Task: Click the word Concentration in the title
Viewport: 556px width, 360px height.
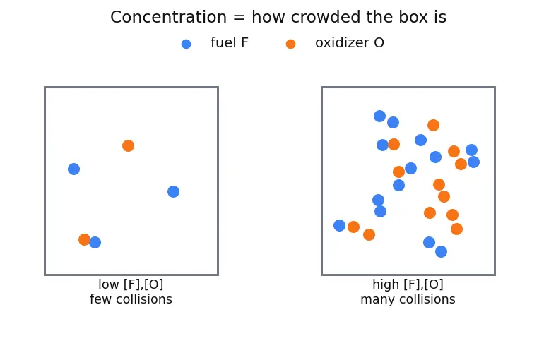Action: click(x=168, y=17)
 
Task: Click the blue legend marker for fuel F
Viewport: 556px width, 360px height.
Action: click(x=187, y=44)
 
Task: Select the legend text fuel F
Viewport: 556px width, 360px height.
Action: click(x=230, y=42)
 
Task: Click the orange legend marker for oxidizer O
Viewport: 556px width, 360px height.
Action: click(x=291, y=44)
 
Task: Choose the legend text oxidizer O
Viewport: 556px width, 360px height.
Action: click(x=350, y=42)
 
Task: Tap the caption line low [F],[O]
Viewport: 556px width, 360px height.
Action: click(x=131, y=284)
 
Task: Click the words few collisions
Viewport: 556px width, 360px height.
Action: click(x=131, y=299)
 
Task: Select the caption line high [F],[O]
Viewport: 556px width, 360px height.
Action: click(x=408, y=284)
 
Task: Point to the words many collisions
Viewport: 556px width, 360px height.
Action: click(x=408, y=300)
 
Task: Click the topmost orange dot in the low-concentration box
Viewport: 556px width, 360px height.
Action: click(x=129, y=145)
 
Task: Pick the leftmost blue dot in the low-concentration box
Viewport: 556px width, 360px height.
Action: click(x=73, y=169)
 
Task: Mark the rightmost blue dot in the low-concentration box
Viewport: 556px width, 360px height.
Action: click(x=173, y=192)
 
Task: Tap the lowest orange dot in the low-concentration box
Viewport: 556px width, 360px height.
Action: click(x=84, y=239)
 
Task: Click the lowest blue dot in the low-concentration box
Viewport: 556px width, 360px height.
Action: click(x=95, y=242)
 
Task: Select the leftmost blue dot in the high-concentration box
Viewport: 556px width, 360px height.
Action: click(x=339, y=225)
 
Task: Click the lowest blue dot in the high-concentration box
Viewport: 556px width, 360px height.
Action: click(x=441, y=251)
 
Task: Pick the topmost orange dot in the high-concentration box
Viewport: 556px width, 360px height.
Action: click(x=433, y=125)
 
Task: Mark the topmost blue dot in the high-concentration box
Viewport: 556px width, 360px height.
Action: click(x=380, y=116)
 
